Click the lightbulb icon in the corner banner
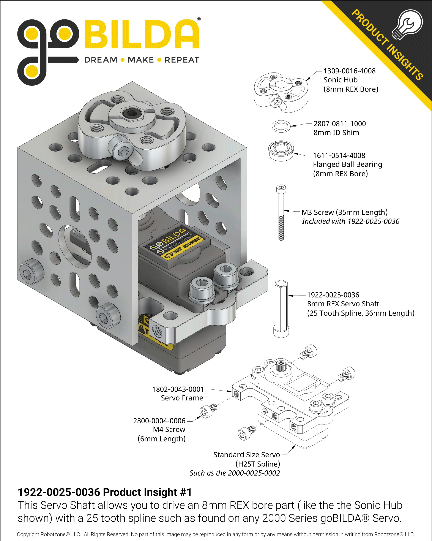click(x=408, y=25)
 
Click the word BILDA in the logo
click(x=142, y=34)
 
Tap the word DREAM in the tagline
click(x=101, y=60)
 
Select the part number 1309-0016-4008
click(x=349, y=71)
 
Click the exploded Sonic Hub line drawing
click(x=281, y=92)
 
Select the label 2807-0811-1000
click(x=339, y=124)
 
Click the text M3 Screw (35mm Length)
click(x=344, y=212)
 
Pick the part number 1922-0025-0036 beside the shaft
click(x=333, y=295)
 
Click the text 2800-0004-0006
click(x=159, y=421)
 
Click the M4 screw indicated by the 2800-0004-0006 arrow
click(x=208, y=411)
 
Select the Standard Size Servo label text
click(x=246, y=455)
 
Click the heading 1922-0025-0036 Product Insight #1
click(x=105, y=492)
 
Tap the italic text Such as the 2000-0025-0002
click(x=234, y=473)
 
